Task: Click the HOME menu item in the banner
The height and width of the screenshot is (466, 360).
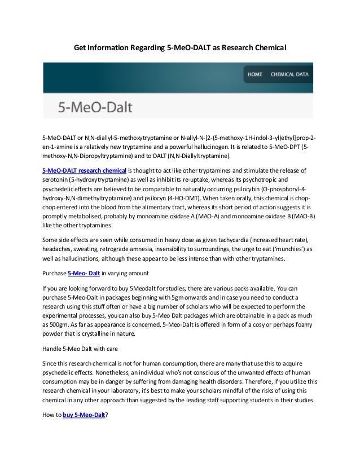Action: click(255, 74)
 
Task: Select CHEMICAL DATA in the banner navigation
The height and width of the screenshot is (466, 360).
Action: click(289, 74)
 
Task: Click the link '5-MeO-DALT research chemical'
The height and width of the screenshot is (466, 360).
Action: click(85, 170)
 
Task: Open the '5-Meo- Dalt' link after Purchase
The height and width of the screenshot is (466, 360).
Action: click(84, 273)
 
